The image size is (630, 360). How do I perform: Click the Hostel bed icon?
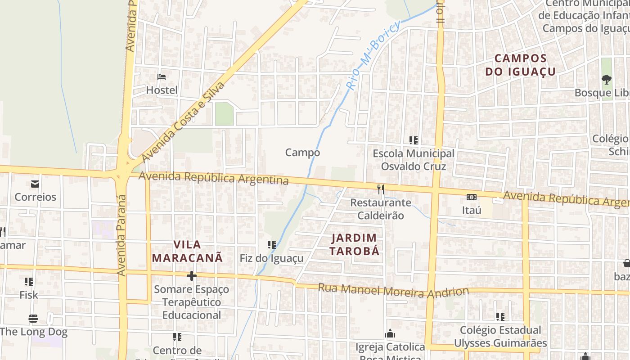tap(162, 77)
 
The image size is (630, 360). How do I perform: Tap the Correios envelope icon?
tap(35, 184)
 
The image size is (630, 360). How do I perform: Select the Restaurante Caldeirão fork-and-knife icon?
tap(381, 189)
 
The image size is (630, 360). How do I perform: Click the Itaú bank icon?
tap(472, 197)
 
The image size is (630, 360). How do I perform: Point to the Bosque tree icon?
tap(607, 80)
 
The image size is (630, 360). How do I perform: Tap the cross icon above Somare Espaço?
tap(192, 276)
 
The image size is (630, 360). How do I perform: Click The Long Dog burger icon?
tap(33, 319)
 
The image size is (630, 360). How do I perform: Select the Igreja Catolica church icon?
tap(390, 334)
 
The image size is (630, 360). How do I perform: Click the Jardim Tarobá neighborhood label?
tap(354, 244)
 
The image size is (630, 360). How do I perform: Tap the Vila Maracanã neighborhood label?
tap(187, 251)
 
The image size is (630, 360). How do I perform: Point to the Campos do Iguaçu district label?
tap(521, 65)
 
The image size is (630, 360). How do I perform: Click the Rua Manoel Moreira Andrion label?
tap(393, 291)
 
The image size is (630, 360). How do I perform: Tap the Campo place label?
tap(302, 153)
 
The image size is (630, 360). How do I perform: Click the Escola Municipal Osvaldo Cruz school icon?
tap(414, 140)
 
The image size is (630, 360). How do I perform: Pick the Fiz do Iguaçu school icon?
tap(272, 245)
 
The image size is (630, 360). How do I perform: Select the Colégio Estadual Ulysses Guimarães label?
tap(500, 337)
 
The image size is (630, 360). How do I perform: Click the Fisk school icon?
tap(29, 282)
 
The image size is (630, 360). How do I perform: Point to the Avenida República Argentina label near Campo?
tap(213, 178)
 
